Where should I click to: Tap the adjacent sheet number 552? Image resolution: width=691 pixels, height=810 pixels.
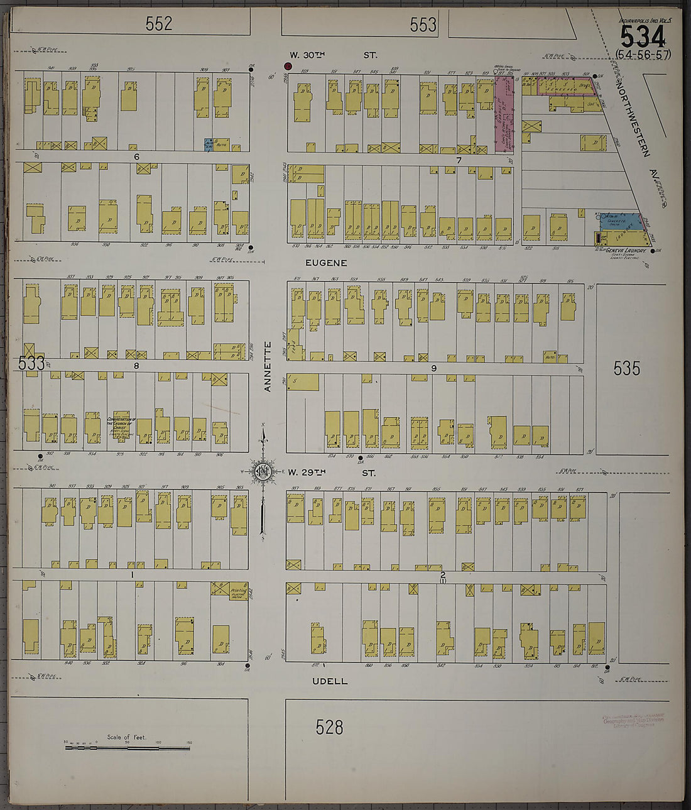[158, 24]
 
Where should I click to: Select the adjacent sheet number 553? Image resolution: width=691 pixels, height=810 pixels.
[423, 25]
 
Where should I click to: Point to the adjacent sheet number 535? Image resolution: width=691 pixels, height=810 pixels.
[626, 368]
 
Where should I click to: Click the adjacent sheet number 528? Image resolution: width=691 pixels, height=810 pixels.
[329, 727]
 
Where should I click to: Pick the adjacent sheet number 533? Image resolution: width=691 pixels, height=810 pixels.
[31, 363]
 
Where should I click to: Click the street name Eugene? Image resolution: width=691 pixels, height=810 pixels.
[326, 263]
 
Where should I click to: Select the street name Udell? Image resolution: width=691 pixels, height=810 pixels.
[330, 681]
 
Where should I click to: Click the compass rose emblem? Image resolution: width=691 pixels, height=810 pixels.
[263, 472]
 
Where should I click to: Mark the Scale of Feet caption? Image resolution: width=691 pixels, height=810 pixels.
[126, 737]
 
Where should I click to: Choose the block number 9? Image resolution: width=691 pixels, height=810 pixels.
[433, 368]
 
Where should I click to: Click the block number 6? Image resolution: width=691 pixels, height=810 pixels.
[136, 156]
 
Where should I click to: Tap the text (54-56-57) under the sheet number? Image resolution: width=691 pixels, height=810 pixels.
[643, 55]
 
